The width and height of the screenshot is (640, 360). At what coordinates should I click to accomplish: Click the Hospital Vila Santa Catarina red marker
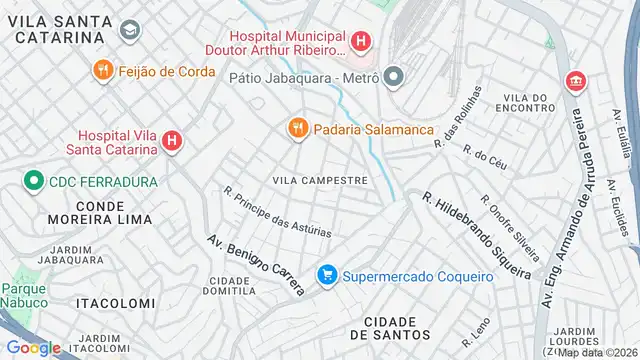pyautogui.click(x=172, y=142)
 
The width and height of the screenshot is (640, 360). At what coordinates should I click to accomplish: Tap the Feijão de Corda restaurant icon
pyautogui.click(x=102, y=70)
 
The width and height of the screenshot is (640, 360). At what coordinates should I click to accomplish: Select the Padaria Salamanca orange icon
pyautogui.click(x=296, y=128)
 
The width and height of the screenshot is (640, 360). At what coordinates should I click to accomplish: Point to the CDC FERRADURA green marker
pyautogui.click(x=33, y=181)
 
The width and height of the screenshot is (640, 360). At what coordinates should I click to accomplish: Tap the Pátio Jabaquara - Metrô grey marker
pyautogui.click(x=393, y=76)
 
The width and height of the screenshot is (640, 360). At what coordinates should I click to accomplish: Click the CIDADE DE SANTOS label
pyautogui.click(x=383, y=327)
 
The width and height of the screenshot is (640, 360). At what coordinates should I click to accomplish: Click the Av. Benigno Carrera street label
pyautogui.click(x=255, y=265)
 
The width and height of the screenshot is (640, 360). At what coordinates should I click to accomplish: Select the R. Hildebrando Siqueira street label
pyautogui.click(x=475, y=235)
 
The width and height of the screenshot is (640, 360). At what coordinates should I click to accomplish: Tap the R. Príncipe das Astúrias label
pyautogui.click(x=277, y=213)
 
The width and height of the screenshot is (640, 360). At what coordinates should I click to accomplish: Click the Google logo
pyautogui.click(x=33, y=347)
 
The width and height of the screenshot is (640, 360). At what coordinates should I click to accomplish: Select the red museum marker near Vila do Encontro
pyautogui.click(x=575, y=81)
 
